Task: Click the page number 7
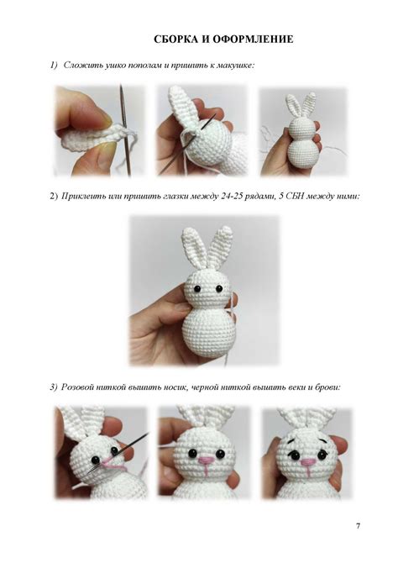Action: pos(358,526)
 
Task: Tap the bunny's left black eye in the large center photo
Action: pos(197,288)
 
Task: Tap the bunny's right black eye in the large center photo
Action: pos(218,288)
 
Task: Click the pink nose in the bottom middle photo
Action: pos(205,460)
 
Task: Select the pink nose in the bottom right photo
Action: pos(306,462)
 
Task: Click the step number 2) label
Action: pos(54,197)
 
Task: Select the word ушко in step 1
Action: pos(113,66)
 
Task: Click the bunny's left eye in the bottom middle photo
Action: pos(193,452)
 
